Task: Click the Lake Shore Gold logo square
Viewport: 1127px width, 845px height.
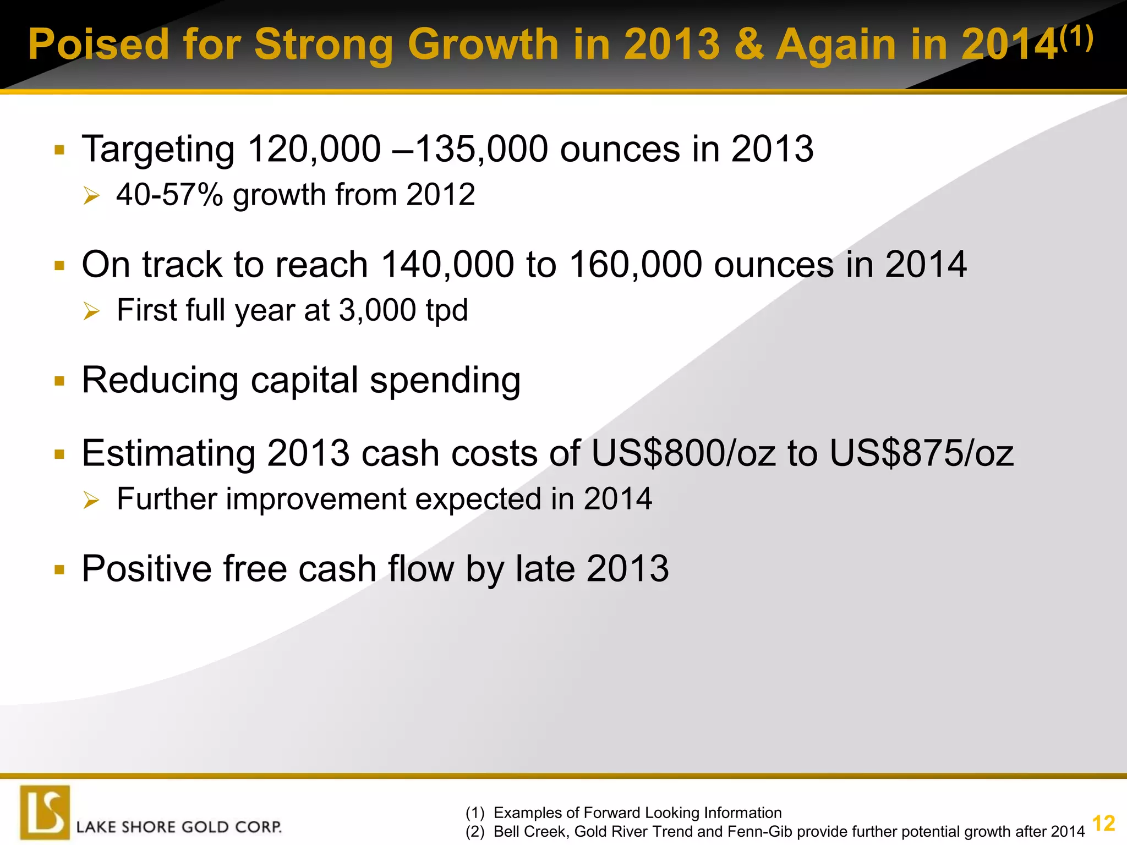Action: (45, 812)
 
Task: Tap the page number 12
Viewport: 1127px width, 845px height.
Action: (1103, 824)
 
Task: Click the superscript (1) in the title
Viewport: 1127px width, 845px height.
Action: (1076, 39)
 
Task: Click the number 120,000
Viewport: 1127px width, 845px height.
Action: (314, 149)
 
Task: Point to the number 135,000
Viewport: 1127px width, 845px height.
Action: (482, 149)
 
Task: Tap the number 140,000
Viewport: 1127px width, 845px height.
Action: (447, 265)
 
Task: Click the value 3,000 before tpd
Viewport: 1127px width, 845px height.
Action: (378, 310)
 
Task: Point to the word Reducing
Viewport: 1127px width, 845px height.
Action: (160, 381)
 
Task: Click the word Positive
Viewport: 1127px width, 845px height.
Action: (146, 569)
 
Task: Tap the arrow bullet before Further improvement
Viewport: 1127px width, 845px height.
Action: (91, 500)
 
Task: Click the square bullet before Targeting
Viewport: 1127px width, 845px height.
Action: (60, 150)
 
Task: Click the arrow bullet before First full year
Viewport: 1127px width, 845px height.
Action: (91, 311)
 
